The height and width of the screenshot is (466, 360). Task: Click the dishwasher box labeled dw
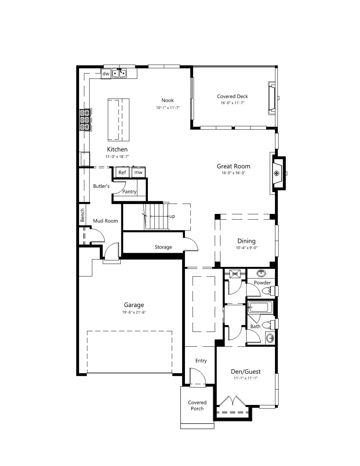tap(106, 73)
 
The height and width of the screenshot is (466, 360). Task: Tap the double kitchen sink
tap(120, 73)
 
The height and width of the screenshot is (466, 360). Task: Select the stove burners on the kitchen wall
tap(85, 120)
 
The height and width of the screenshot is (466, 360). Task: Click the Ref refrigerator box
tap(122, 172)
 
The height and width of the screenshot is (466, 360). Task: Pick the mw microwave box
tap(138, 172)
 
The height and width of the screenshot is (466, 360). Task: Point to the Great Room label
tap(234, 166)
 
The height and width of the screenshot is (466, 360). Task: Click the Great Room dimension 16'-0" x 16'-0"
tap(234, 173)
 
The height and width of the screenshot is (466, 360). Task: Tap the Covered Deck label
tap(233, 96)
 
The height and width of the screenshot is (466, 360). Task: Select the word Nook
tap(168, 100)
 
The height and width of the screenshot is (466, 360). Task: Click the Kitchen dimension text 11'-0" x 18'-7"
tap(117, 157)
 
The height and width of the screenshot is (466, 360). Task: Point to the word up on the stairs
tap(172, 216)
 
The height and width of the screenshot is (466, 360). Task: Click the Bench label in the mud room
tap(83, 215)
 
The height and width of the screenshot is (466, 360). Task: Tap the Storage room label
tap(163, 247)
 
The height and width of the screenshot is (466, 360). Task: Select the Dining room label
tap(246, 241)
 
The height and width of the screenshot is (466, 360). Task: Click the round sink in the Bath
tap(270, 339)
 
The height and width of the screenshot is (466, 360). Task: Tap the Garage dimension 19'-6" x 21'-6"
tap(134, 312)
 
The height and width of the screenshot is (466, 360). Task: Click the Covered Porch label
tap(197, 406)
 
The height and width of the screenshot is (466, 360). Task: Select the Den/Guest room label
tap(246, 372)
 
